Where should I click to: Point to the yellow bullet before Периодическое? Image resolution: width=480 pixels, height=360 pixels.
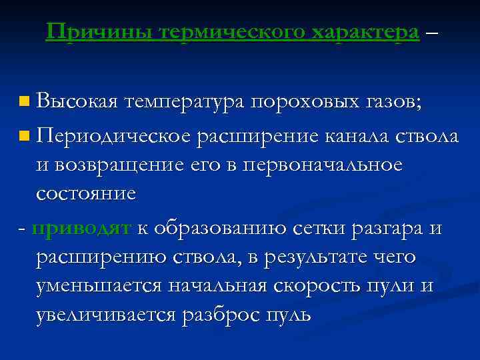click(x=24, y=137)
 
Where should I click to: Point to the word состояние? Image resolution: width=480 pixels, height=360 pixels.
click(x=86, y=194)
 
